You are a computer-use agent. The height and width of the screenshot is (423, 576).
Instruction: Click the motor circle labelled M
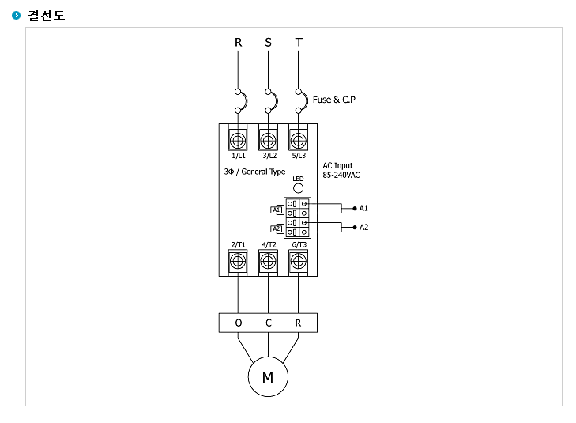point(268,376)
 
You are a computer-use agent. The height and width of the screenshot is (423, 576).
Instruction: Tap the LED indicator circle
point(299,188)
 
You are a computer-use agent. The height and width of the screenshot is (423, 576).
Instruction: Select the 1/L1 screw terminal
point(238,140)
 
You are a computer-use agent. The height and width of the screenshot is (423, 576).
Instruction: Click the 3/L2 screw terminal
point(268,140)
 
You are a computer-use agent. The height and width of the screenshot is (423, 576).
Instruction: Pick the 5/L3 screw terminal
point(298,140)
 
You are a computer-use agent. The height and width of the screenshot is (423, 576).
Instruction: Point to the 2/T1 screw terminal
point(238,262)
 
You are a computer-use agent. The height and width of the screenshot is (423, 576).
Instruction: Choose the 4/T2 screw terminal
point(268,262)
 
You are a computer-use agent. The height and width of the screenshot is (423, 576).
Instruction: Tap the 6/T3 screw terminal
point(298,262)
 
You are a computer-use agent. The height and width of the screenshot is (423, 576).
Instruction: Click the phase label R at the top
point(238,42)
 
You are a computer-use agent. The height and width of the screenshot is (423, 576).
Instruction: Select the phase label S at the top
point(268,42)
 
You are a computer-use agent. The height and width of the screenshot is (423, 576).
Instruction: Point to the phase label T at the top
point(299,42)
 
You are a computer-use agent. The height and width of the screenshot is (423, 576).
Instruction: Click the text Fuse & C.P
point(334,100)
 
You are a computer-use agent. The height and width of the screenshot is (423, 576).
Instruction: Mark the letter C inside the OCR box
point(268,323)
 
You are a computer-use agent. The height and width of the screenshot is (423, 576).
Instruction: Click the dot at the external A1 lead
point(355,209)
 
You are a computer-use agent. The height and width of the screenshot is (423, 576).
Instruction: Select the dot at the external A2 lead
point(355,228)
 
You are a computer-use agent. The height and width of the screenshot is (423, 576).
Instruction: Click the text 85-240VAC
point(341,176)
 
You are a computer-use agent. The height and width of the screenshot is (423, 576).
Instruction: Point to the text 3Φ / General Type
point(254,172)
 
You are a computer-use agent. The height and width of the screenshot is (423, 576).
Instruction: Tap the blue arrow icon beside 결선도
point(16,16)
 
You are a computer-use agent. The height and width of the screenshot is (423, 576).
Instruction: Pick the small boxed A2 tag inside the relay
point(277,229)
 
